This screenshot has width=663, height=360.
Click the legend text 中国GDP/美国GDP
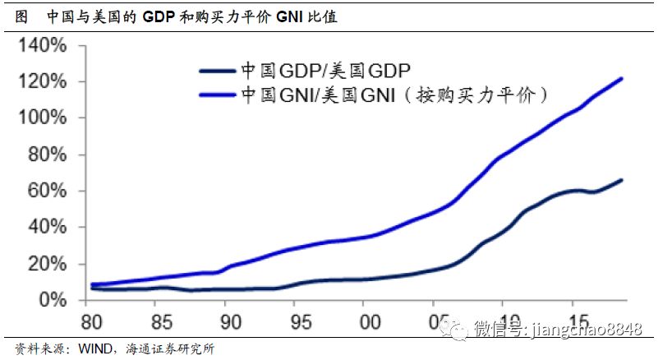pos(325,71)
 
